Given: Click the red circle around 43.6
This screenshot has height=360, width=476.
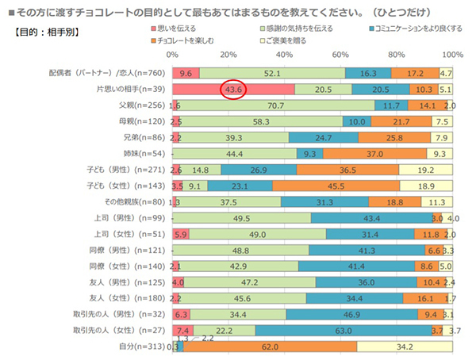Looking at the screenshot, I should pyautogui.click(x=235, y=90).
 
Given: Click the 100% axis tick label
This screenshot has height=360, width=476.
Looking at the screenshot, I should pyautogui.click(x=451, y=54).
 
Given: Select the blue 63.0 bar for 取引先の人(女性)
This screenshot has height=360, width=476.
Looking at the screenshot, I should pyautogui.click(x=343, y=330).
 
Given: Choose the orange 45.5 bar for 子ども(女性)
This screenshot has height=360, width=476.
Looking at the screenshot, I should pyautogui.click(x=336, y=186).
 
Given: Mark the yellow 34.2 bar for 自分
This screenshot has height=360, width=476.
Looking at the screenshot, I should pyautogui.click(x=405, y=347).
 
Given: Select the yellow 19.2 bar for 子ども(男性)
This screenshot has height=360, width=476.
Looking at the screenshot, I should pyautogui.click(x=426, y=170).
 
